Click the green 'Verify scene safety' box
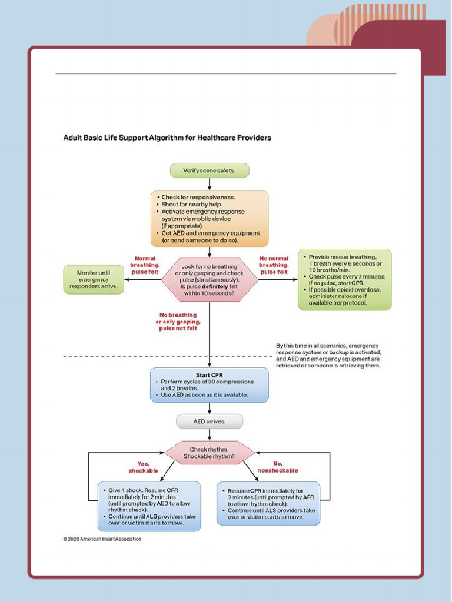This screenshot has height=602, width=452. point(209,170)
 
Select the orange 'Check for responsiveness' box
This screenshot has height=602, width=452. point(209,218)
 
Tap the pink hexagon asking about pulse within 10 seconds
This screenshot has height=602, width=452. point(209,279)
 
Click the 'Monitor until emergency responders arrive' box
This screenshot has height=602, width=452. point(94,279)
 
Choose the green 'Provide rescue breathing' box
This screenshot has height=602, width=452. point(344,280)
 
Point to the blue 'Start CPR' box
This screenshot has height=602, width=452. point(209,385)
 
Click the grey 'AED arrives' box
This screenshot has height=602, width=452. point(209,422)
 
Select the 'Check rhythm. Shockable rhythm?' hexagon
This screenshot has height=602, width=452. point(209,453)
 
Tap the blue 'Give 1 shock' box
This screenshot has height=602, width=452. point(148,506)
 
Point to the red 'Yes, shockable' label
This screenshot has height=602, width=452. point(143,467)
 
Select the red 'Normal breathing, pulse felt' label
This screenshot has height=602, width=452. point(144,265)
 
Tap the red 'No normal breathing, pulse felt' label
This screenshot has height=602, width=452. point(274,265)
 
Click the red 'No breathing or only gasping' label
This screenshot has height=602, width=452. point(178,322)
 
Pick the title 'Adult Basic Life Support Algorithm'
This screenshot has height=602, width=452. point(167,138)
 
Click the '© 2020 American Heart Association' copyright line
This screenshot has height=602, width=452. point(102,539)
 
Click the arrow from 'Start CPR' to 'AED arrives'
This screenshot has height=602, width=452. point(209,408)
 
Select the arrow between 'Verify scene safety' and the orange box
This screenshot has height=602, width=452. point(209,183)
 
